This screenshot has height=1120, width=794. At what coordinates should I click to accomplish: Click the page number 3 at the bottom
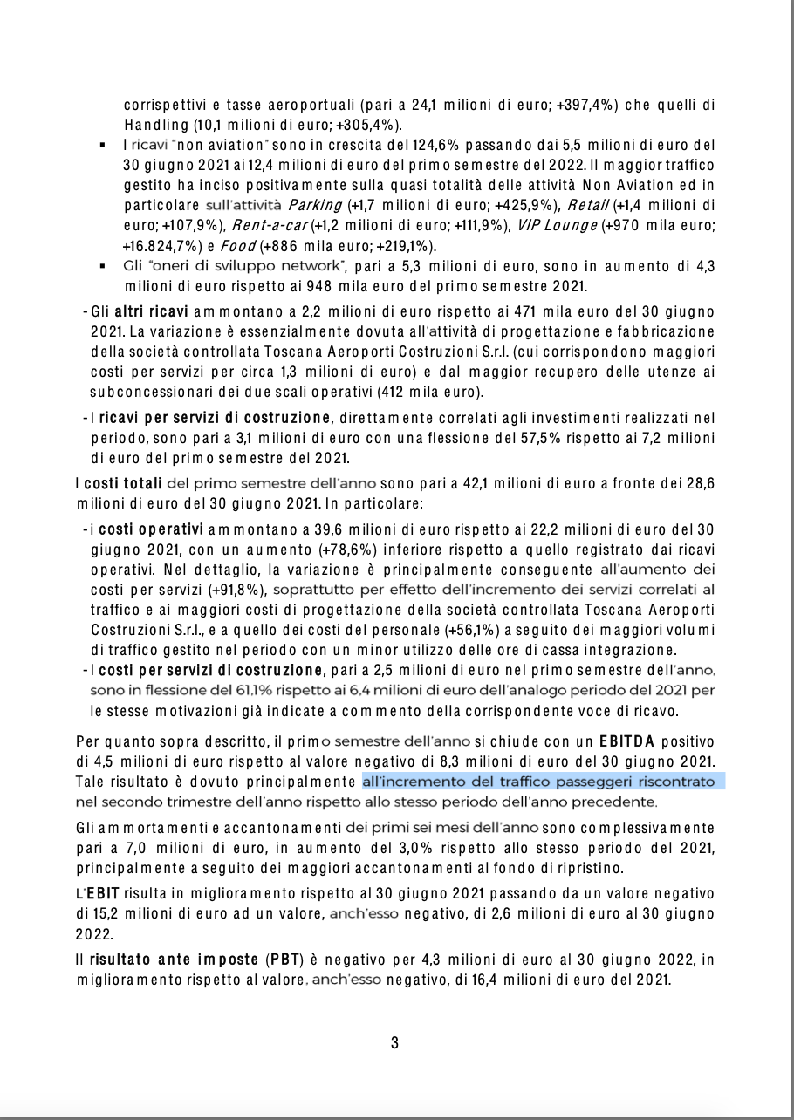(394, 1042)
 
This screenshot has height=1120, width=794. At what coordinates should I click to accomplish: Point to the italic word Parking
(315, 206)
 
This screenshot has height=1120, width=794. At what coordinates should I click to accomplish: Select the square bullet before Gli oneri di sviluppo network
(103, 265)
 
